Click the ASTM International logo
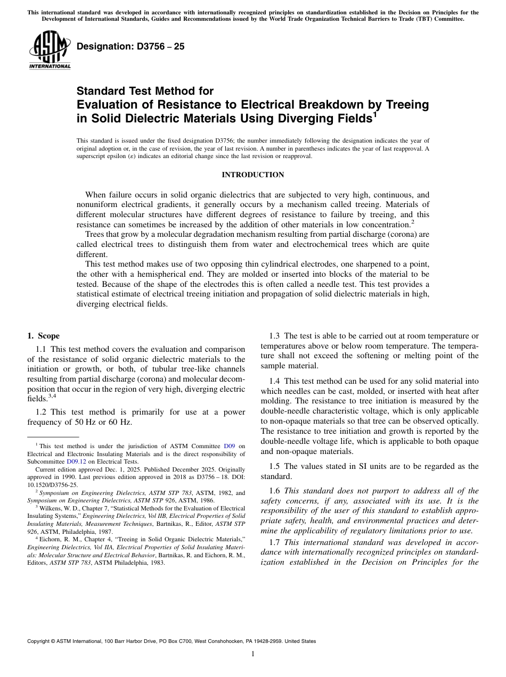50,51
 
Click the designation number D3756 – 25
131,46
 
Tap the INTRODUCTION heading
252,175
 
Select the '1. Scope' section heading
44,336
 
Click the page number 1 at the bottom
252,654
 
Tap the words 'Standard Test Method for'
145,92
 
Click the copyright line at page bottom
172,641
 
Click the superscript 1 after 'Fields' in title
374,113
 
